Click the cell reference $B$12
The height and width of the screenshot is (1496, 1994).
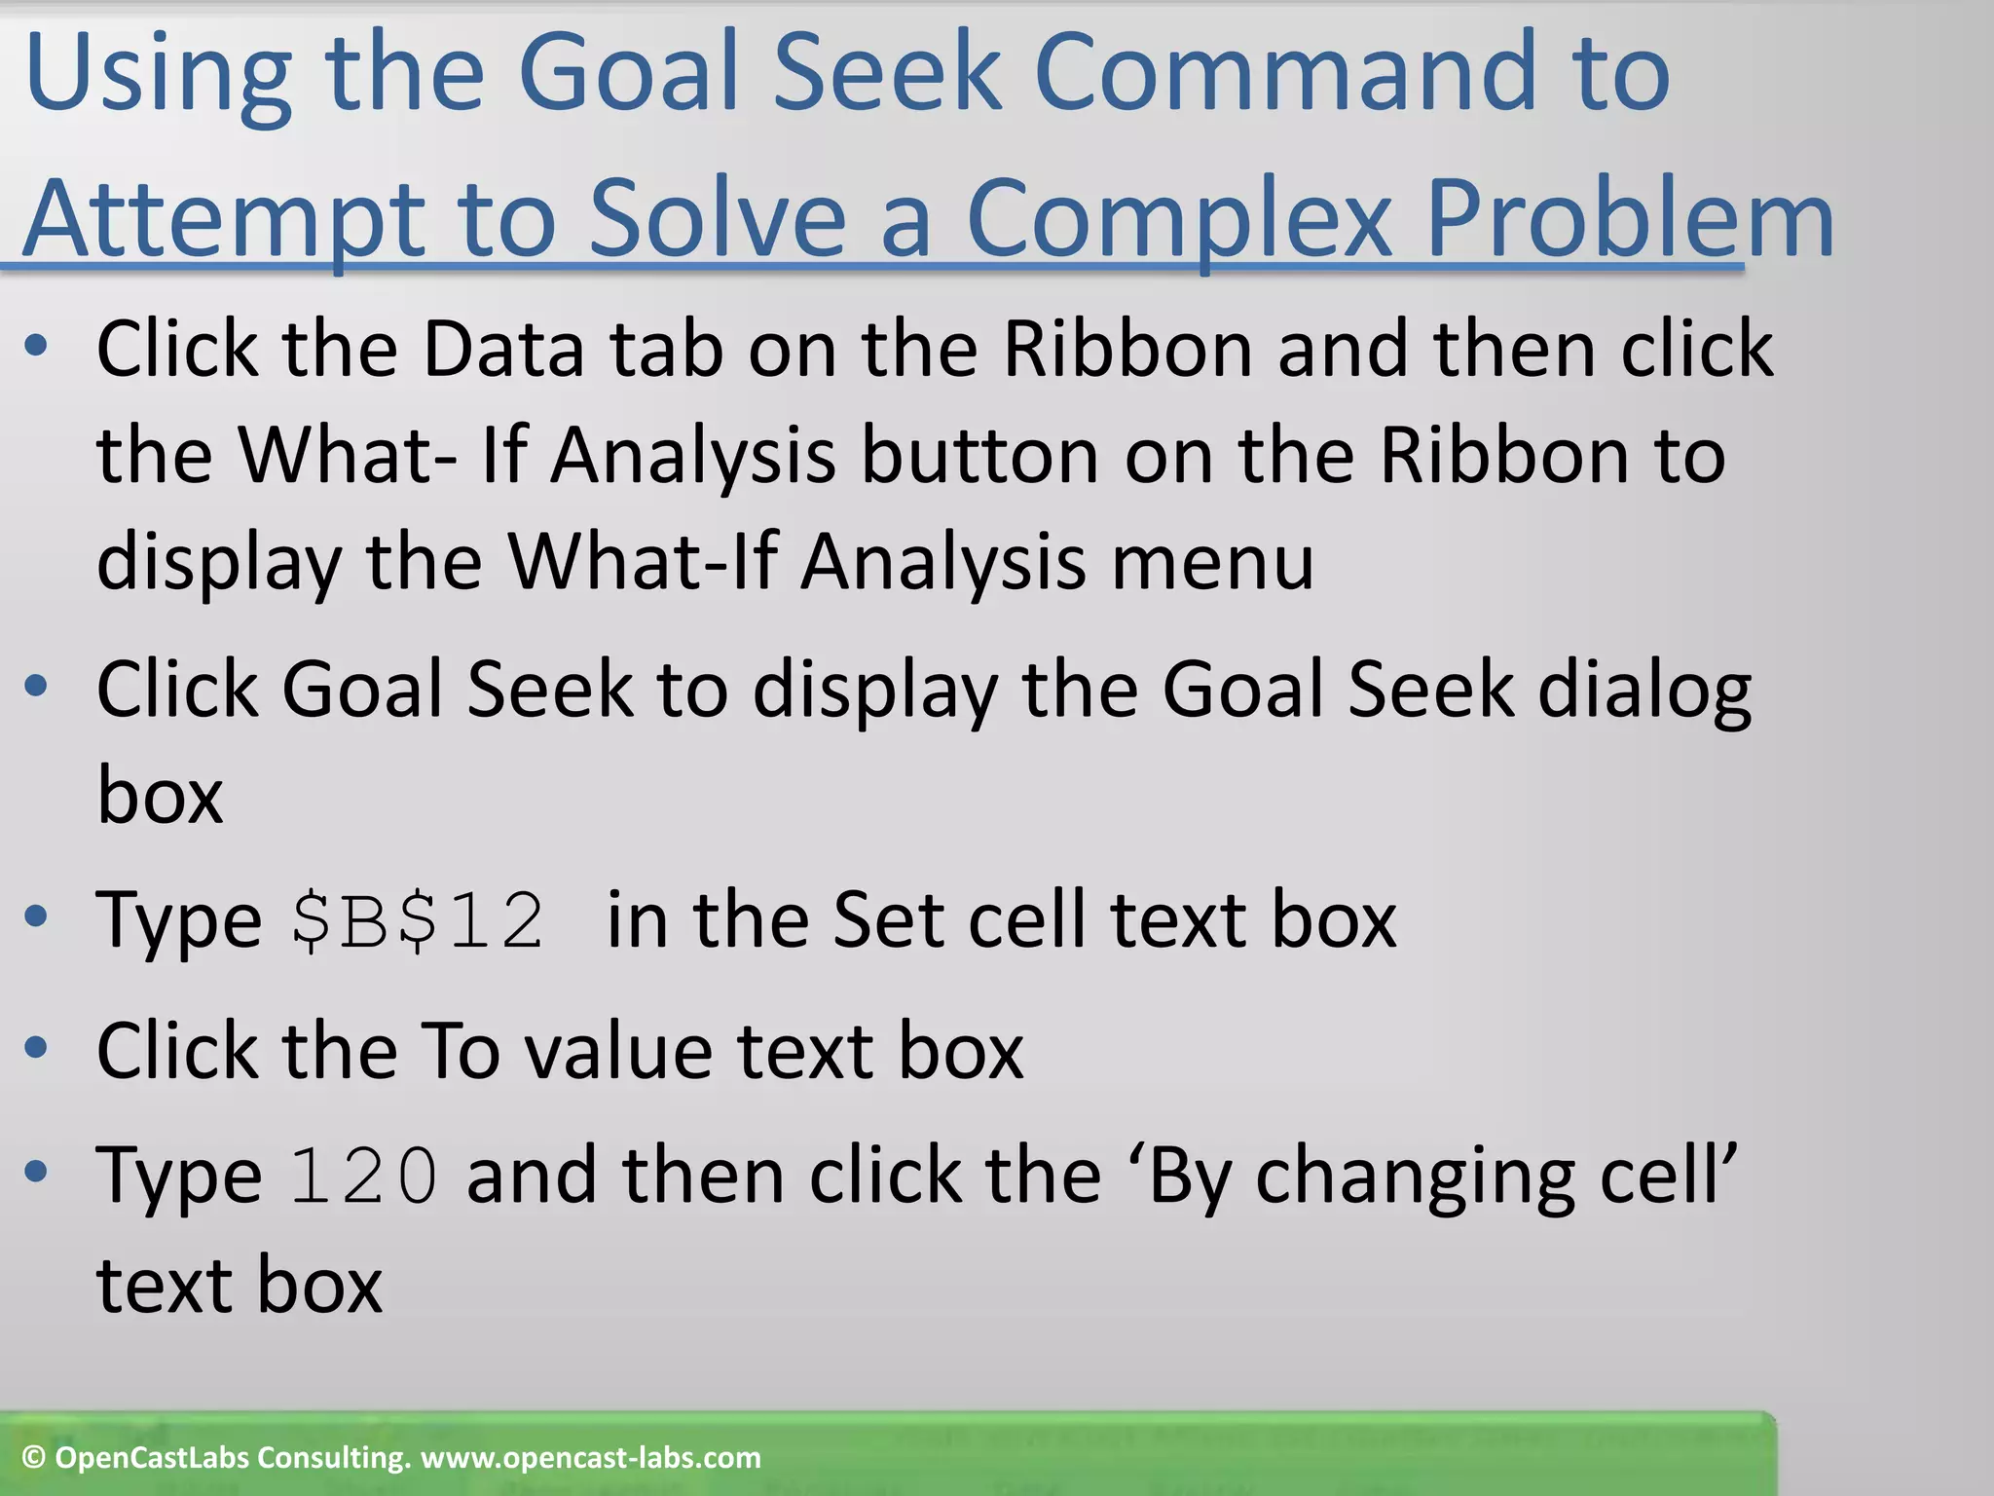coord(418,920)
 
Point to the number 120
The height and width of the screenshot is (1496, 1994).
coord(363,1177)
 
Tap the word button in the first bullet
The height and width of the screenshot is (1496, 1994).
coord(980,456)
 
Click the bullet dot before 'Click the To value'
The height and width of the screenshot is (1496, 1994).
coord(36,1048)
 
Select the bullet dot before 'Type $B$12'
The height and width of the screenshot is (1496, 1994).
coord(36,916)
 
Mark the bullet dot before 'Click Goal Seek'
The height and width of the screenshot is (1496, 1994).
coord(36,687)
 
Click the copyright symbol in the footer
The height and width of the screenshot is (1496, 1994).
coord(34,1458)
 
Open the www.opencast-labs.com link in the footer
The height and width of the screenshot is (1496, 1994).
coord(590,1458)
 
